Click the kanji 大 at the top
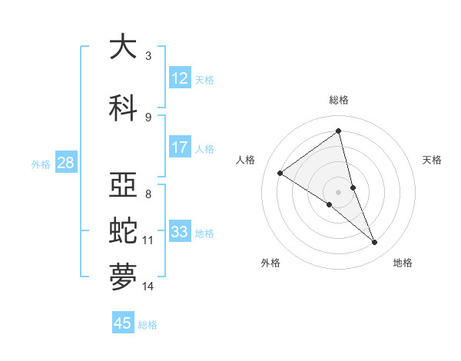tap(123, 47)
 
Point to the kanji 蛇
tap(123, 230)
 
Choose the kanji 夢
tap(123, 277)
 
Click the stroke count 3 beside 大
tap(148, 56)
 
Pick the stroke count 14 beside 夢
tap(148, 286)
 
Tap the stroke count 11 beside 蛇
tap(148, 240)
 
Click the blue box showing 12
tap(180, 78)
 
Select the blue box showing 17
tap(180, 147)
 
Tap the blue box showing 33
tap(180, 232)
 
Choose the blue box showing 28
tap(65, 163)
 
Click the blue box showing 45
tap(123, 323)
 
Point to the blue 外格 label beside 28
tap(41, 164)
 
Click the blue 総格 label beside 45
tap(148, 324)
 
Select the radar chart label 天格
tap(433, 160)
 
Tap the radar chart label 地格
tap(403, 263)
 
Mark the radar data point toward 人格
tap(280, 173)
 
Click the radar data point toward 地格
tap(375, 243)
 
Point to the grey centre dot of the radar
tap(338, 190)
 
